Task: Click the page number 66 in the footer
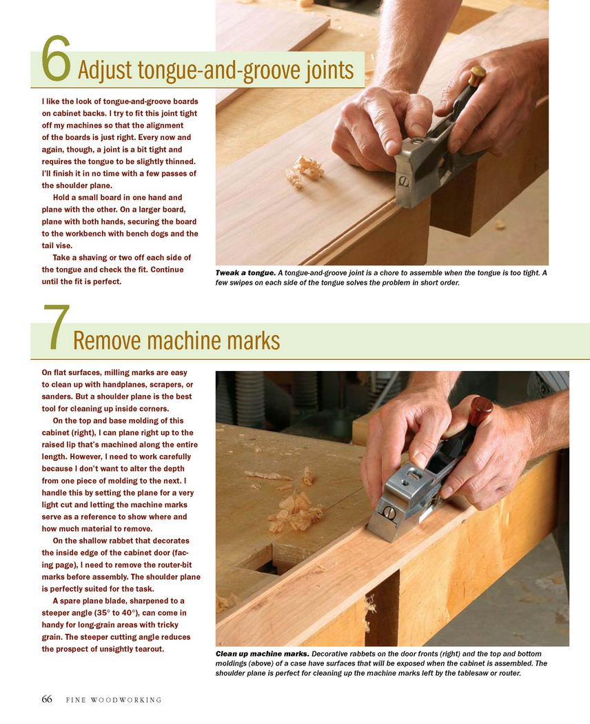(47, 699)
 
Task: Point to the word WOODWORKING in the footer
(126, 700)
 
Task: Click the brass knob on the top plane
(477, 75)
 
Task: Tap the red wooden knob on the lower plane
(481, 411)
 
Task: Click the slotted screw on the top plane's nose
(403, 181)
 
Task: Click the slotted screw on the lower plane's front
(387, 511)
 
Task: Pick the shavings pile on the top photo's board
(304, 170)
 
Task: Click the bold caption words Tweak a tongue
(245, 273)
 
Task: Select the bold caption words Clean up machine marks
(262, 654)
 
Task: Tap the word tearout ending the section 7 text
(149, 650)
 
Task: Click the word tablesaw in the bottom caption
(469, 673)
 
